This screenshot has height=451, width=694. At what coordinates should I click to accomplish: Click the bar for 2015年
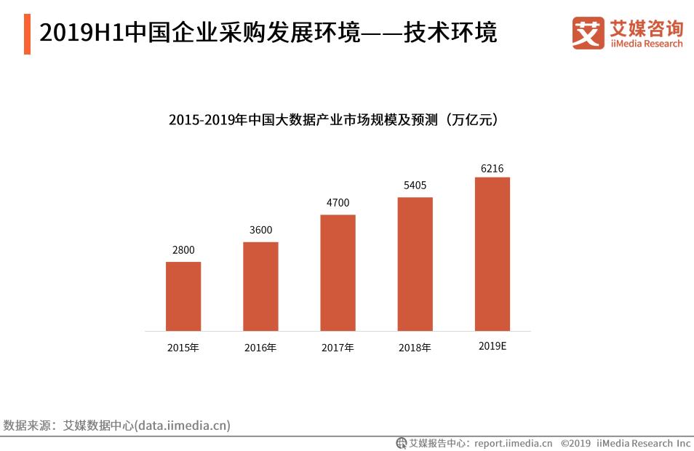[x=183, y=296]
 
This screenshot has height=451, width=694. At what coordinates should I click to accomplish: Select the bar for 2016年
[x=260, y=286]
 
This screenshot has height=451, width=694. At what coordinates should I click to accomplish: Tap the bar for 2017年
[x=338, y=273]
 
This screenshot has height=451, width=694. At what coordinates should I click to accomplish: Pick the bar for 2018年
[x=415, y=264]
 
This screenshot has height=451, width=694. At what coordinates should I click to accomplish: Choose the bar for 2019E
[x=492, y=254]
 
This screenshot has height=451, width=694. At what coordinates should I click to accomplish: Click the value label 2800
[x=183, y=250]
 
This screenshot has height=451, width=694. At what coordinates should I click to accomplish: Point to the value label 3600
[x=260, y=230]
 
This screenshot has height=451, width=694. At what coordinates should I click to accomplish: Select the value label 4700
[x=338, y=203]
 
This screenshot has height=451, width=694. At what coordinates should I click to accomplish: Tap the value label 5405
[x=415, y=185]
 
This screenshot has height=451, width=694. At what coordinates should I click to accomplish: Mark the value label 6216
[x=492, y=168]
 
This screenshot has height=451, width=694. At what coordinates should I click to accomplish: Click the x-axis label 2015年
[x=183, y=348]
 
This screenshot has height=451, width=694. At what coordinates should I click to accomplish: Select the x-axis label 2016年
[x=260, y=348]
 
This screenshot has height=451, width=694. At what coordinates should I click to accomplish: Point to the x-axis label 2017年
[x=338, y=348]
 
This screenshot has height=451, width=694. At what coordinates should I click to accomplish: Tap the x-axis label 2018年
[x=415, y=348]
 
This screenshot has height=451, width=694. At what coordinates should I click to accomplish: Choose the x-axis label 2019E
[x=492, y=346]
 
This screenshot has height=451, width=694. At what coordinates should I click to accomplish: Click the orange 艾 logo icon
[x=588, y=33]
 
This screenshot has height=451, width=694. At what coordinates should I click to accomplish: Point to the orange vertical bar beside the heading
[x=27, y=33]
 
